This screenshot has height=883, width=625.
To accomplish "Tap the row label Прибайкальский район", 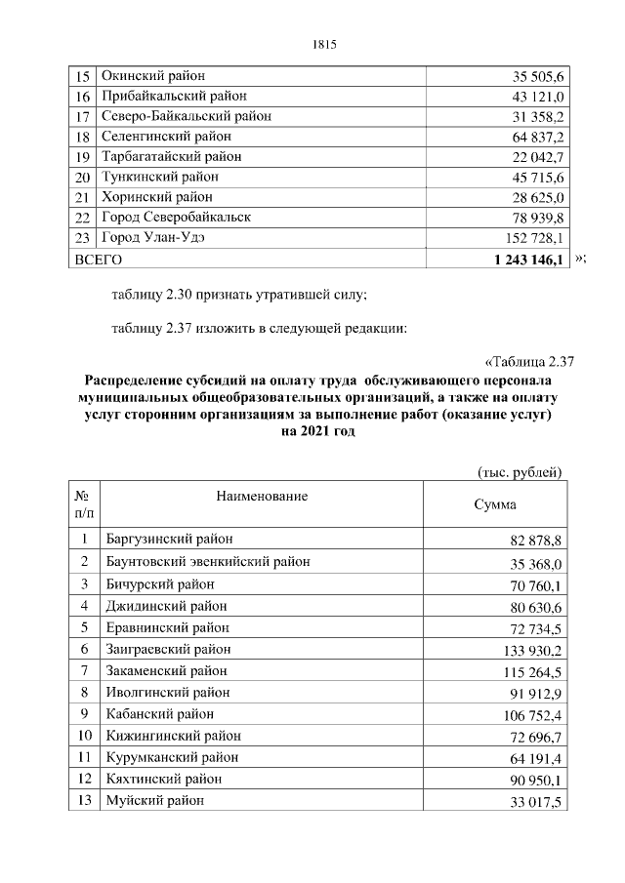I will [x=175, y=96].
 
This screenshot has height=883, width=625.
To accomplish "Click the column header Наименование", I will [x=262, y=497].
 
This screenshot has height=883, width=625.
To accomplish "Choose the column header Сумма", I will [x=495, y=505].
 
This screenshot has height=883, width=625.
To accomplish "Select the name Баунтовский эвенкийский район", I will [x=206, y=561].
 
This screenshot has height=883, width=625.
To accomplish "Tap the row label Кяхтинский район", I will [x=162, y=779].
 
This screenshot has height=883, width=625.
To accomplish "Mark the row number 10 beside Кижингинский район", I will [x=85, y=735].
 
